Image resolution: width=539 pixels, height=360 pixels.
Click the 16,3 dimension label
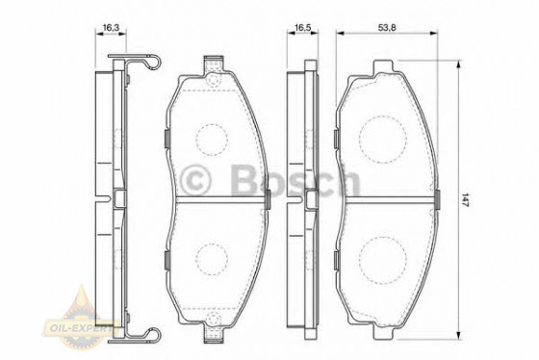point(111,28)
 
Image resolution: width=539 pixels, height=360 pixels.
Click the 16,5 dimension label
point(303,28)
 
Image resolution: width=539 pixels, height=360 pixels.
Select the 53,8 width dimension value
point(387,28)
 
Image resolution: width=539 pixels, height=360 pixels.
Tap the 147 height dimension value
point(465,199)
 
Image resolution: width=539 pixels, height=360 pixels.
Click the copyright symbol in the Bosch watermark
point(195,178)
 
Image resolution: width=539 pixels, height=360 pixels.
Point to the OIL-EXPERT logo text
point(79,327)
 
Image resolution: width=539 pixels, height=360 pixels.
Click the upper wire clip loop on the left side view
point(153,62)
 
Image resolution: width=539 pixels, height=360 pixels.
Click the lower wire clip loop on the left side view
point(153,335)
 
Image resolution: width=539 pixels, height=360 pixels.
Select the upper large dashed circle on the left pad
point(212,140)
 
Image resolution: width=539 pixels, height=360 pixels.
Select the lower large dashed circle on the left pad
point(212,259)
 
